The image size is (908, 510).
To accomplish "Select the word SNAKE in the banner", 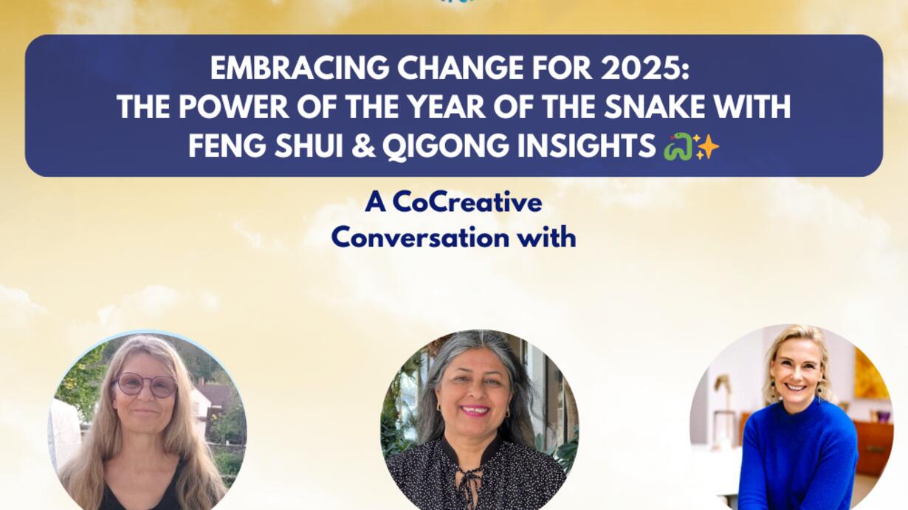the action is pyautogui.click(x=666, y=106).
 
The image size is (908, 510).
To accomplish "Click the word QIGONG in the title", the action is pyautogui.click(x=445, y=146).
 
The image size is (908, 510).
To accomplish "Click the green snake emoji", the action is pyautogui.click(x=678, y=147).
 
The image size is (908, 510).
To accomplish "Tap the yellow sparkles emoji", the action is pyautogui.click(x=706, y=147).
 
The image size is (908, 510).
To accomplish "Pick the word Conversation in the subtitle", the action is pyautogui.click(x=420, y=238).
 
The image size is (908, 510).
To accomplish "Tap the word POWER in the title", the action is pyautogui.click(x=234, y=106).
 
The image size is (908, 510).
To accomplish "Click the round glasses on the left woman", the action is pyautogui.click(x=145, y=384).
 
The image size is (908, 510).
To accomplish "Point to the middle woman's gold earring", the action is pyautogui.click(x=507, y=413).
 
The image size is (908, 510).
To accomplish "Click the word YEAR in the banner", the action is pyautogui.click(x=447, y=106).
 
